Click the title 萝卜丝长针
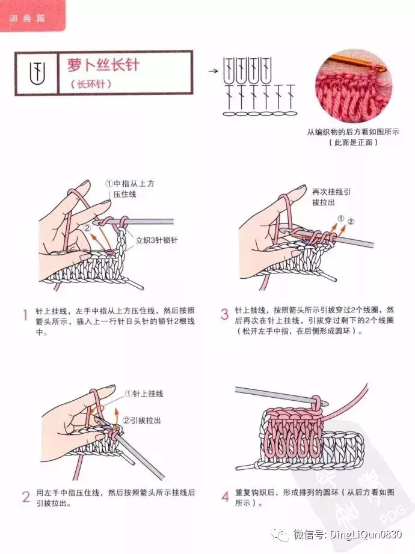point(103,65)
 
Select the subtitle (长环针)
point(91,84)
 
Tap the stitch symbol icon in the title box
point(37,73)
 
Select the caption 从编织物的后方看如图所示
point(352,132)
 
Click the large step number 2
point(26,497)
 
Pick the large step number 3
point(225,314)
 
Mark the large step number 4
point(226,497)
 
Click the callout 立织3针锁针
point(157,240)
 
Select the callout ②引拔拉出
point(142,421)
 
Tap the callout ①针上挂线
point(144,394)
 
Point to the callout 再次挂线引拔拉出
point(331,197)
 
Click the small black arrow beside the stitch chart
point(214,71)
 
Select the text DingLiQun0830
point(366,535)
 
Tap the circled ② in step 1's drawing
point(87,228)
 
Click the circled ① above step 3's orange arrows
point(340,218)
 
